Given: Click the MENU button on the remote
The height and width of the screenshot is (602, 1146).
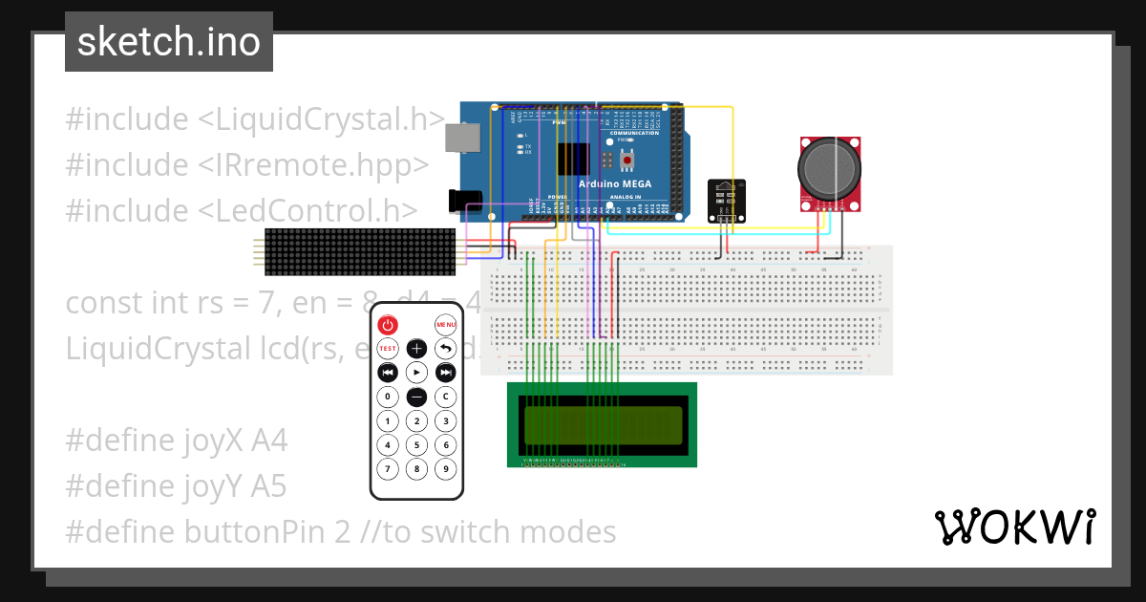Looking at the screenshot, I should [445, 325].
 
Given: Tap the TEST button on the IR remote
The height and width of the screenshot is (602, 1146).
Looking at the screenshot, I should [387, 349].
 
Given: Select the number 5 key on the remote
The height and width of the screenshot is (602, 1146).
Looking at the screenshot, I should [416, 444].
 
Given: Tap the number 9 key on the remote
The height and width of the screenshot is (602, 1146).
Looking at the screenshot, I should [445, 469].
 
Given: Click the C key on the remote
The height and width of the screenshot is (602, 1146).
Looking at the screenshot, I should [445, 397].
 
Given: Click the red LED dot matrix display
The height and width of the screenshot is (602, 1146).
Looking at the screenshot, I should [360, 251].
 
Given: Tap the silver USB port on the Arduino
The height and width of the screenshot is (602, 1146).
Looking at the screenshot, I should [463, 139].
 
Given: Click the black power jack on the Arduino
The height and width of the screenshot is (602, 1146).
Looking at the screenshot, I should [465, 200].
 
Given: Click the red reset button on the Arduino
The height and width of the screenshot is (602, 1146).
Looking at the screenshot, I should [627, 161].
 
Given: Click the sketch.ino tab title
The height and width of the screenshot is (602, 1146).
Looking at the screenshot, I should [169, 42].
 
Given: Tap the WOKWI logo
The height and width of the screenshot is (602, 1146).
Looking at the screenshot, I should [1014, 527].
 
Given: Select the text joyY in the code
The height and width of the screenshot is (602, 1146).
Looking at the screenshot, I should [217, 487].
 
